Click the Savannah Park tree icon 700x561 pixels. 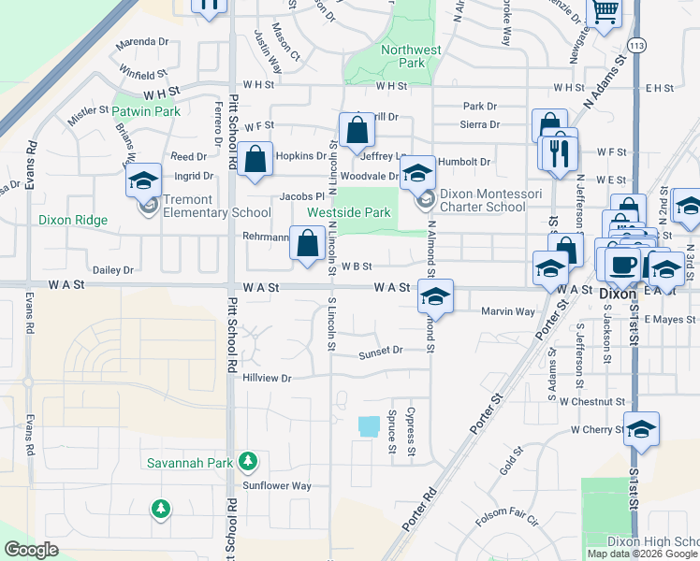coord(247,461)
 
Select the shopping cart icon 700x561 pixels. coord(605,11)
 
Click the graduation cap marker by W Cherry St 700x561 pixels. coord(641,429)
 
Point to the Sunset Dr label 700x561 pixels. coord(380,351)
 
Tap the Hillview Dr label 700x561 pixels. coord(268,379)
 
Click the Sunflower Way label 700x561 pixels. coord(277,485)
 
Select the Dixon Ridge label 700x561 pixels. coord(74,221)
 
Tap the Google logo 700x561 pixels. coord(31,550)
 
